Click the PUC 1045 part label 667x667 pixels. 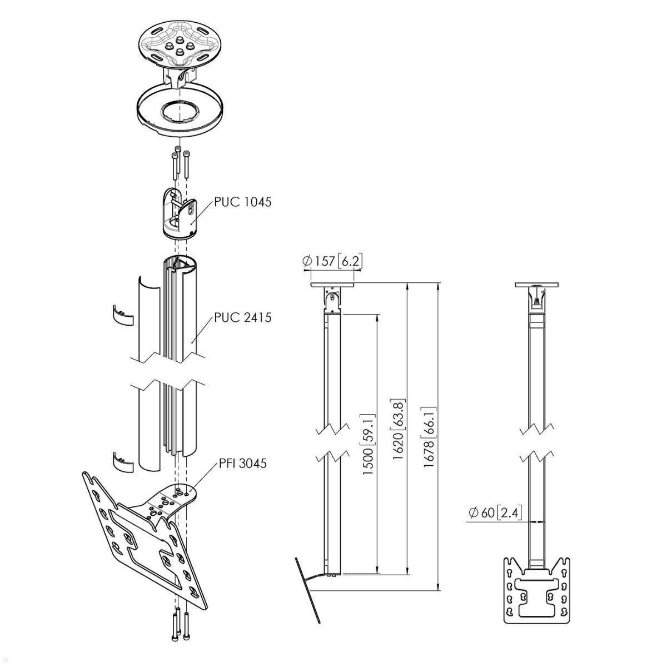242,202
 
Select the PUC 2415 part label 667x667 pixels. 242,318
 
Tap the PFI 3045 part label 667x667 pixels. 242,462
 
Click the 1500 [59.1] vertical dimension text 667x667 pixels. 367,445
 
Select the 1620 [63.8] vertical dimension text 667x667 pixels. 397,429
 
